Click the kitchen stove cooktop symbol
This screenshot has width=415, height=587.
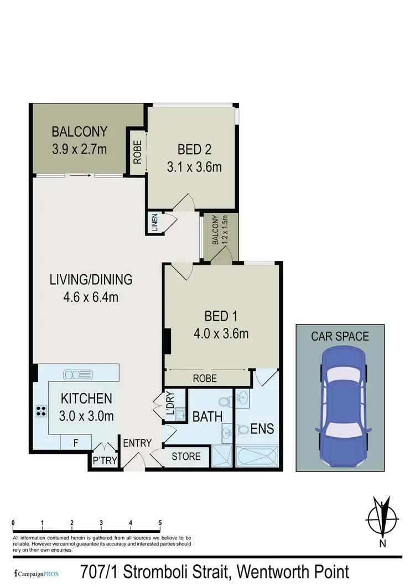pos(41,410)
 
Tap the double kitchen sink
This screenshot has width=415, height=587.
pos(75,375)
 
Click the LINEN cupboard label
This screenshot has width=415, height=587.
pos(154,222)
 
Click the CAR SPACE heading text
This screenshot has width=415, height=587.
pos(340,336)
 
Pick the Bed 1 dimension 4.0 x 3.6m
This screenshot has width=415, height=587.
pos(220,333)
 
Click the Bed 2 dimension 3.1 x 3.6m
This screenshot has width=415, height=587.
pos(194,166)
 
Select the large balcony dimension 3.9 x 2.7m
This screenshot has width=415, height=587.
pos(79,148)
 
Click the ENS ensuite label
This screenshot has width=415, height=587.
pos(262,428)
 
